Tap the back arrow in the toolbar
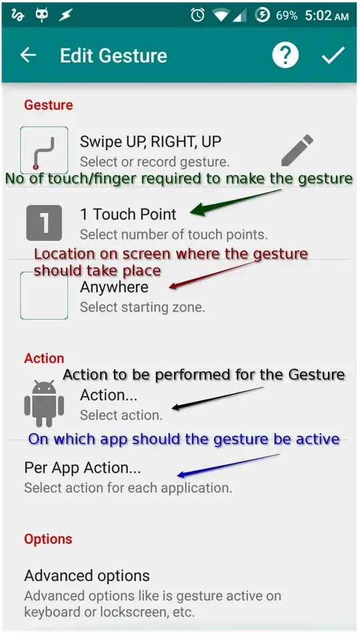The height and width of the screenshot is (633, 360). pyautogui.click(x=28, y=55)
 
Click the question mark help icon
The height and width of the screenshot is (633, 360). pyautogui.click(x=285, y=55)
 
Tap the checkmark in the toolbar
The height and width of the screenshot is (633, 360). pyautogui.click(x=333, y=55)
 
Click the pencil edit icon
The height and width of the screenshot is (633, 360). pyautogui.click(x=297, y=150)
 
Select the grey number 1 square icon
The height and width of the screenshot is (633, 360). pyautogui.click(x=44, y=223)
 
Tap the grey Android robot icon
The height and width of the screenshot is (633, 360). pyautogui.click(x=44, y=404)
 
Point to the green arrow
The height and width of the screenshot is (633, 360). pyautogui.click(x=235, y=201)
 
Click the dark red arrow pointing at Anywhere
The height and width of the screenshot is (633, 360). pyautogui.click(x=212, y=275)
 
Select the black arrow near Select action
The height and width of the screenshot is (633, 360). pyautogui.click(x=217, y=398)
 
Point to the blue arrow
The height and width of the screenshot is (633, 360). pyautogui.click(x=229, y=466)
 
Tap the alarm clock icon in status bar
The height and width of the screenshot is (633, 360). pyautogui.click(x=198, y=15)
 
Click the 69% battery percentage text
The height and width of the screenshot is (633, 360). pyautogui.click(x=287, y=16)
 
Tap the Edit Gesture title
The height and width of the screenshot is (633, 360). pyautogui.click(x=113, y=55)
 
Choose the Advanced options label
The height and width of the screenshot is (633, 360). pyautogui.click(x=87, y=575)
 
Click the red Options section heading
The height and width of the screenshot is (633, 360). pyautogui.click(x=48, y=539)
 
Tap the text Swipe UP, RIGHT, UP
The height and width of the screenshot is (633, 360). pyautogui.click(x=151, y=141)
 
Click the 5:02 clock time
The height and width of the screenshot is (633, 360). pyautogui.click(x=319, y=16)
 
